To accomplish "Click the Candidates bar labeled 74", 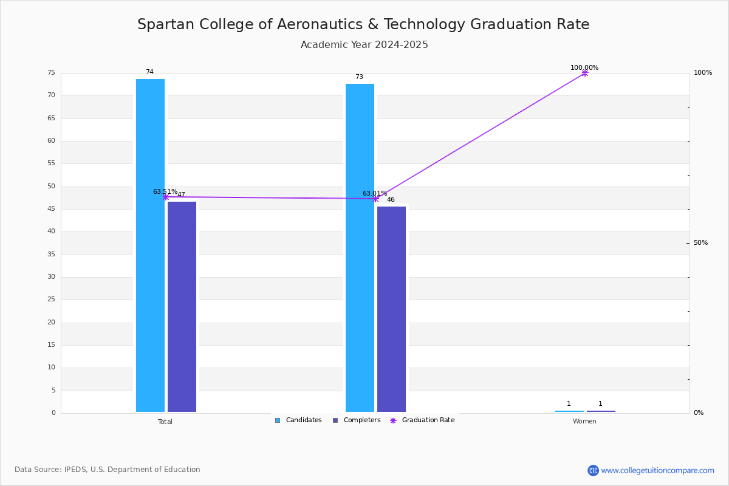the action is tap(150, 245).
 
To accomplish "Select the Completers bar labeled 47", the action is tap(182, 307).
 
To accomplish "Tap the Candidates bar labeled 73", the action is tap(360, 248).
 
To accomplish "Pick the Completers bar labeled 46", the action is tap(391, 309).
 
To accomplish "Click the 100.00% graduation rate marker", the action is tap(585, 74).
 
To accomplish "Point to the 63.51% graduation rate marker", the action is tap(166, 197).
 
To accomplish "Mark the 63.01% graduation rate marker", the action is tap(375, 199).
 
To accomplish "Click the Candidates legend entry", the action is tap(298, 420).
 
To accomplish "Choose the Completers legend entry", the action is tap(357, 420).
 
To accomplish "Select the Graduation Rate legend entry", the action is tap(422, 420).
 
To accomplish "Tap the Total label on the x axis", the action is tap(165, 422).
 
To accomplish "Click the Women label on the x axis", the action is tap(584, 422).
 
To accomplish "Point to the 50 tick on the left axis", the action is tap(52, 186).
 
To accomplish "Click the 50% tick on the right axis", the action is tap(700, 243).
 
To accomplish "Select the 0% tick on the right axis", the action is tap(699, 413).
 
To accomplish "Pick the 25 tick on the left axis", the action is tap(52, 299).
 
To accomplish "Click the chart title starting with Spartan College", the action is tap(363, 24).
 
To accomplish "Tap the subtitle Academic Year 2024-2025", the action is tap(364, 44).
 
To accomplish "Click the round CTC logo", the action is tap(593, 470).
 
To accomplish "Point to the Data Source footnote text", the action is tap(108, 470).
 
